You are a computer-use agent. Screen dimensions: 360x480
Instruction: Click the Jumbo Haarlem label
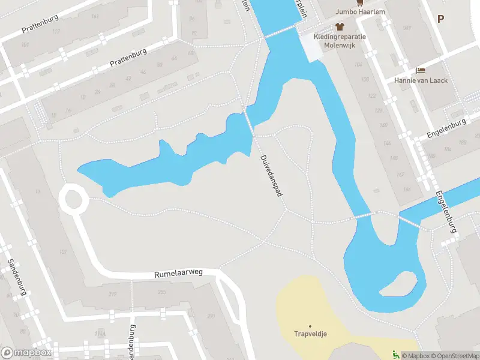(x=360, y=11)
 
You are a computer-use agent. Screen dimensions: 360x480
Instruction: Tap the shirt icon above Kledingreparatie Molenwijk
(x=340, y=26)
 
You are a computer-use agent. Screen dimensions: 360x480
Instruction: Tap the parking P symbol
(x=440, y=19)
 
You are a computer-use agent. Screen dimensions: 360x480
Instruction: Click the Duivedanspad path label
(x=271, y=175)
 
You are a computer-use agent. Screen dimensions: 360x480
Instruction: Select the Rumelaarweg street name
(x=178, y=273)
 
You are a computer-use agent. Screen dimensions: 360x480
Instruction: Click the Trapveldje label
(x=310, y=334)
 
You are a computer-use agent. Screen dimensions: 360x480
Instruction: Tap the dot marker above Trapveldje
(x=310, y=326)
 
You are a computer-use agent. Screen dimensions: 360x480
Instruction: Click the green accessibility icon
(x=394, y=355)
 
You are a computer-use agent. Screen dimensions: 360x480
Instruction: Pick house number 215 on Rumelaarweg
(x=112, y=294)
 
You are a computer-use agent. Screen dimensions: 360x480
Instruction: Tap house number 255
(x=161, y=292)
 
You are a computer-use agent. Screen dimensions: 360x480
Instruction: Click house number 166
(x=407, y=190)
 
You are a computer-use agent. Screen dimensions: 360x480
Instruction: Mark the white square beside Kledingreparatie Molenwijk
(x=311, y=47)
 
